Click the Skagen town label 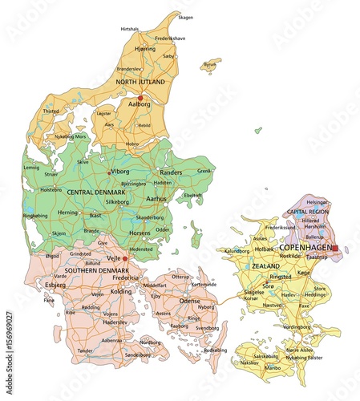pyautogui.click(x=185, y=17)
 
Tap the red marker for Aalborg pyautogui.click(x=140, y=99)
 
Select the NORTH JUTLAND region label pyautogui.click(x=140, y=82)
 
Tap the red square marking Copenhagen pyautogui.click(x=336, y=249)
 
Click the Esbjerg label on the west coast pyautogui.click(x=55, y=284)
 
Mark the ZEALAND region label pyautogui.click(x=265, y=265)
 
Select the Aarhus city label pyautogui.click(x=158, y=198)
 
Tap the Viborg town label pyautogui.click(x=120, y=172)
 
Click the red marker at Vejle pyautogui.click(x=125, y=259)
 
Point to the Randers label pyautogui.click(x=171, y=172)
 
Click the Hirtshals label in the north pyautogui.click(x=130, y=29)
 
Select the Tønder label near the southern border pyautogui.click(x=85, y=350)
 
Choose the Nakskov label pyautogui.click(x=249, y=363)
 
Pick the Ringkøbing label pyautogui.click(x=36, y=215)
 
